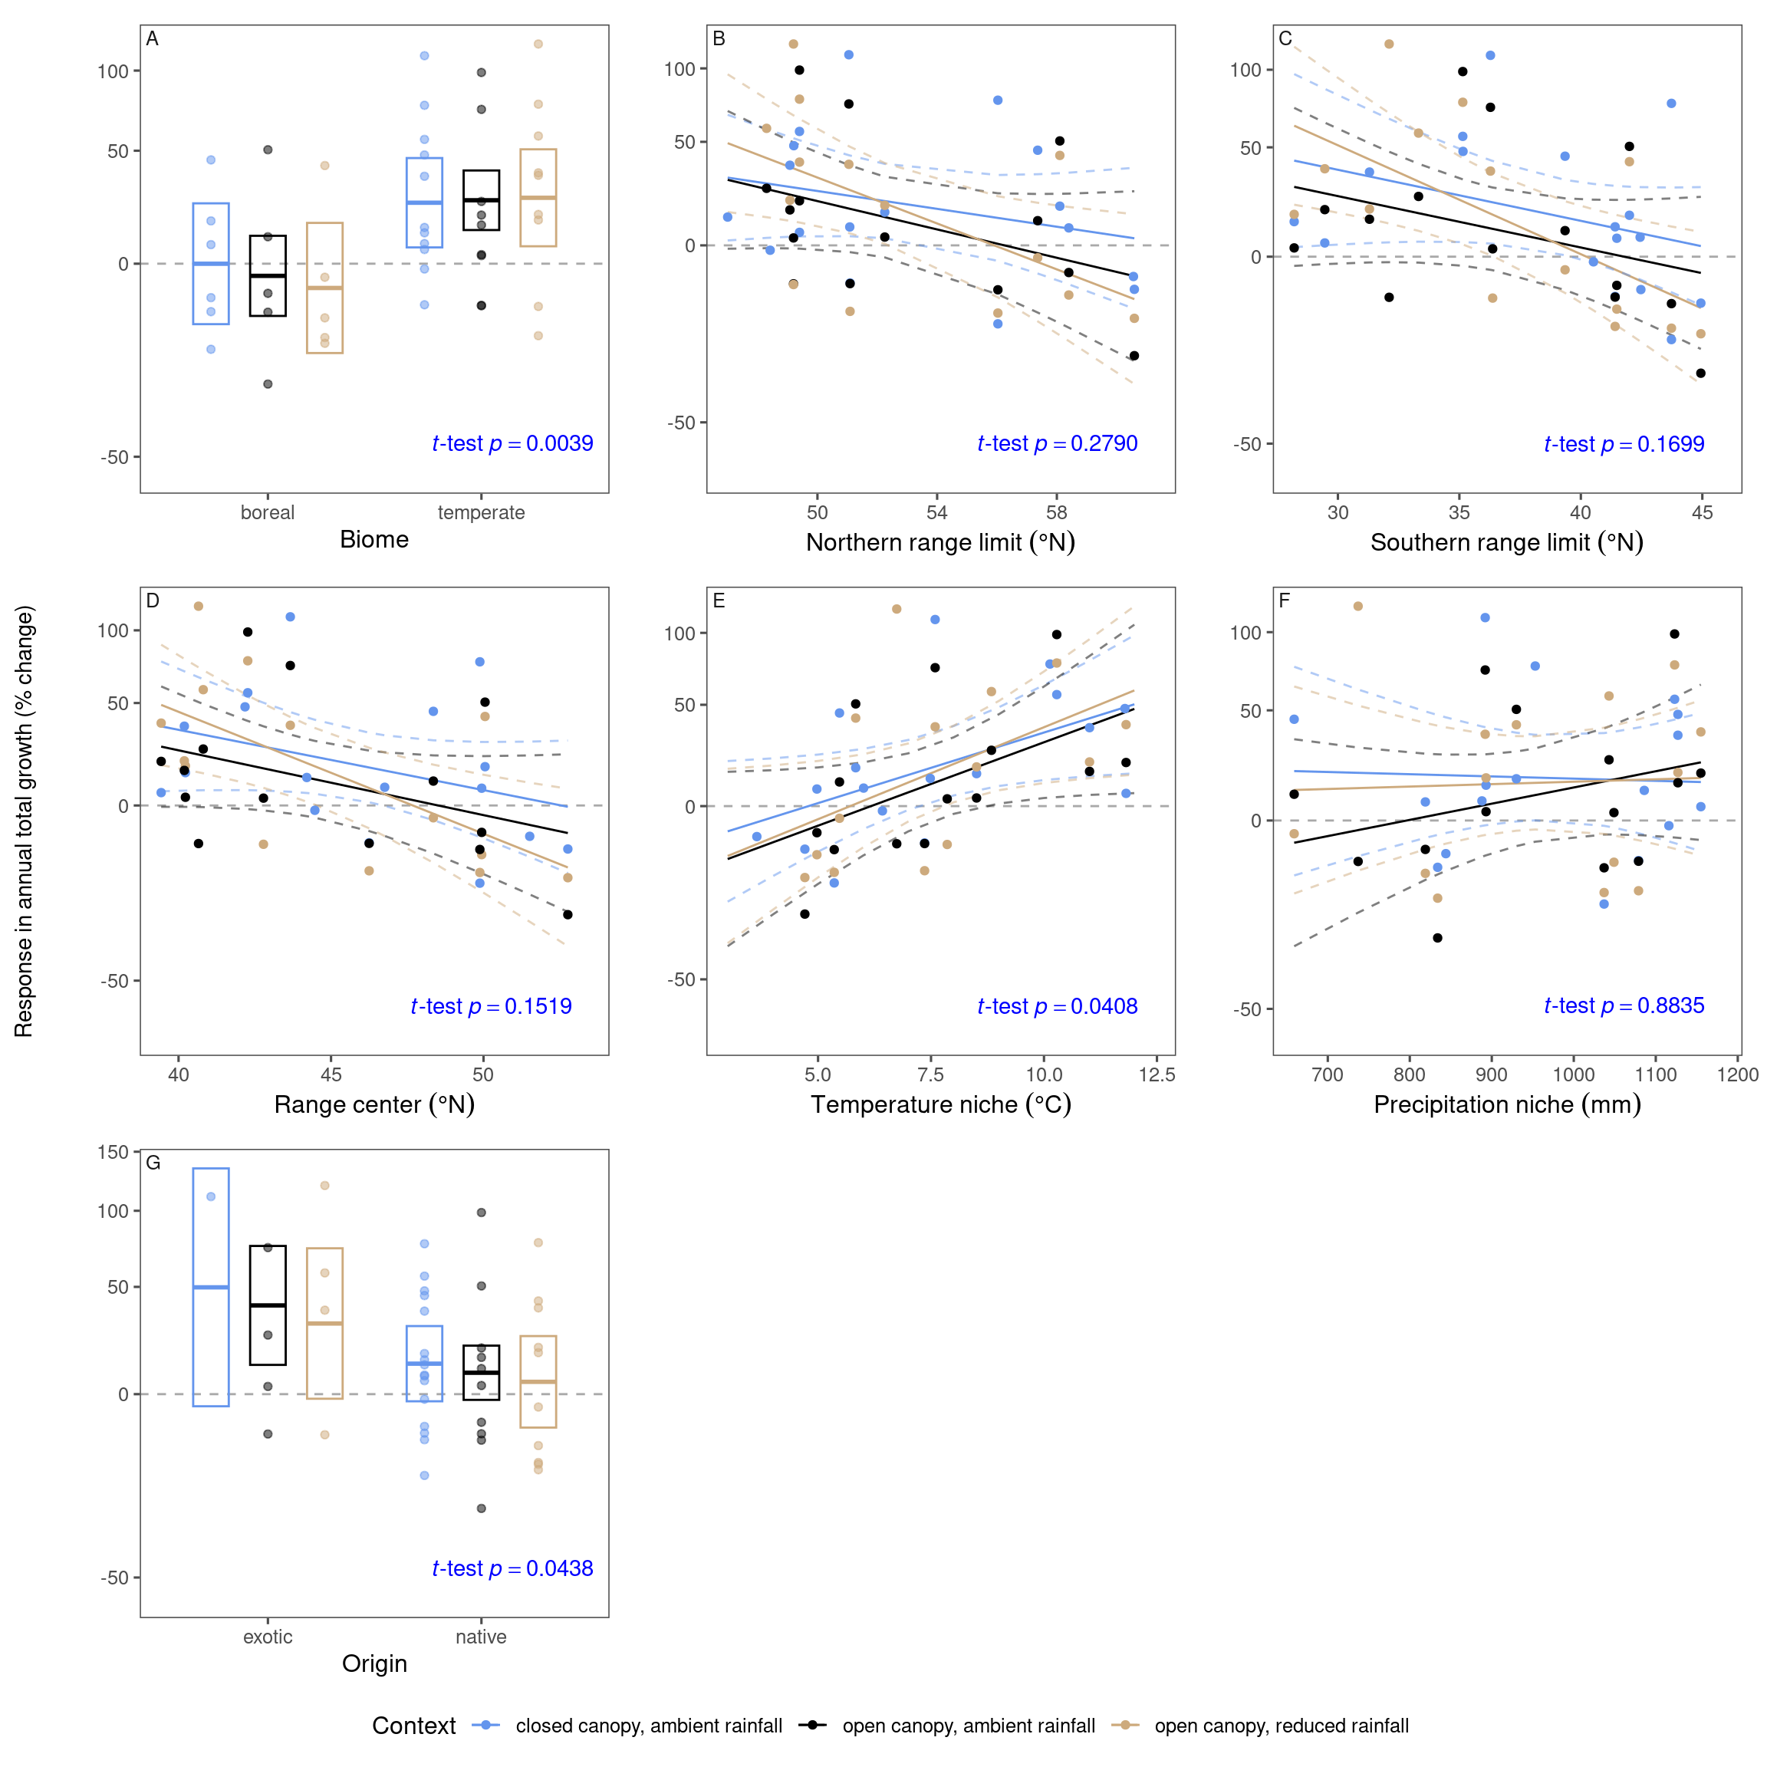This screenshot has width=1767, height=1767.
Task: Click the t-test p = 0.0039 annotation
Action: coord(512,443)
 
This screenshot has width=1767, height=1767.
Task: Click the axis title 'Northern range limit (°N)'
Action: coord(940,542)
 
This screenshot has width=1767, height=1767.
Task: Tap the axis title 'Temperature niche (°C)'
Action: coord(940,1105)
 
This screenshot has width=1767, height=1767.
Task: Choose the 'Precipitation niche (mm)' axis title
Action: coord(1507,1105)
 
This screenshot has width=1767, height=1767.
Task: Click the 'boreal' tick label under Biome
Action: coord(267,512)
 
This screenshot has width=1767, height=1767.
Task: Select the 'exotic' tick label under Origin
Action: coord(267,1637)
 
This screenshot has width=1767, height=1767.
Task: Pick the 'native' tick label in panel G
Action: coord(481,1637)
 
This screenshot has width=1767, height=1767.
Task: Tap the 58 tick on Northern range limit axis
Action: coord(1056,512)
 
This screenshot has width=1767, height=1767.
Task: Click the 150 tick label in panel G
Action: coord(114,1153)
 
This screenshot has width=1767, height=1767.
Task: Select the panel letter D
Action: coord(153,601)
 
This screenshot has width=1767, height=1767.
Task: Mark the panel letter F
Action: coord(1284,601)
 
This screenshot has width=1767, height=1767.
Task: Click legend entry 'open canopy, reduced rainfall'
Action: coord(1281,1726)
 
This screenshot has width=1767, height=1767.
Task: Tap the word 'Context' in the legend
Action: coord(413,1726)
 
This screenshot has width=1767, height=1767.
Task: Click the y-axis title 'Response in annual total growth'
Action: coord(25,821)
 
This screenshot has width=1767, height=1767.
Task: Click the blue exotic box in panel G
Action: coord(211,1288)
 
